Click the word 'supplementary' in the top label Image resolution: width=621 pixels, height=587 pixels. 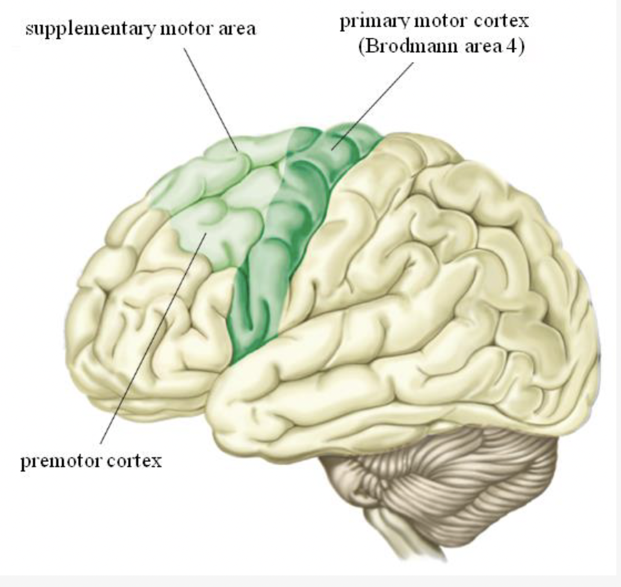(86, 29)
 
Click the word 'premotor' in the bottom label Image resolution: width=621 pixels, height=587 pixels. (59, 463)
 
